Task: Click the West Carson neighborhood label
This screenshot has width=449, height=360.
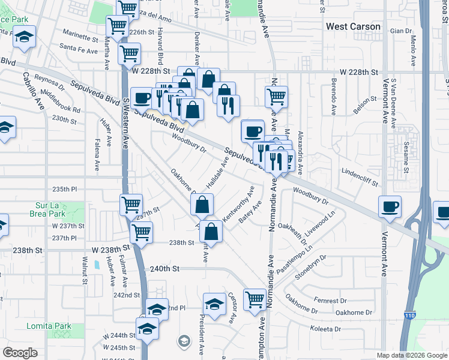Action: [x=353, y=27]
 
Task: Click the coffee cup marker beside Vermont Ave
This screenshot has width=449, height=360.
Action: [x=390, y=207]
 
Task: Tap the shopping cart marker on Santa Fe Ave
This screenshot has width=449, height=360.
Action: [x=129, y=54]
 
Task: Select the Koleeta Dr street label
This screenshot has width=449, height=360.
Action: [x=325, y=329]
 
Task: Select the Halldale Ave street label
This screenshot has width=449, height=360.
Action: [x=218, y=172]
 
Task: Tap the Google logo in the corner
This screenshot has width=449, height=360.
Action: [x=20, y=353]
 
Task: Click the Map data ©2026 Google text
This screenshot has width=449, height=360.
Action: [x=412, y=355]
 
